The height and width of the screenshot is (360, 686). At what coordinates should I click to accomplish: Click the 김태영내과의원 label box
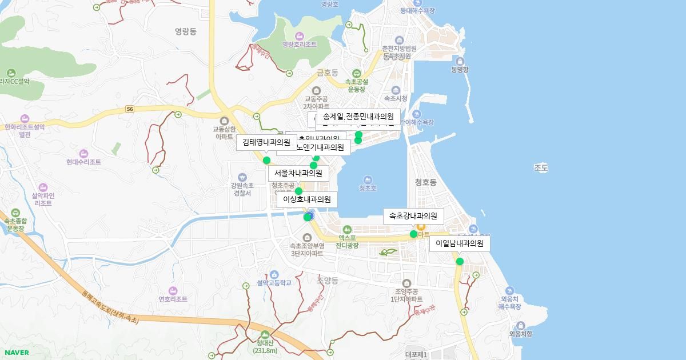[x=266, y=142]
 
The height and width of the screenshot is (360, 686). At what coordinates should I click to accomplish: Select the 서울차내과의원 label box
[x=298, y=173]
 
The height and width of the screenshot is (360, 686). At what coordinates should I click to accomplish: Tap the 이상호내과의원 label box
[x=307, y=199]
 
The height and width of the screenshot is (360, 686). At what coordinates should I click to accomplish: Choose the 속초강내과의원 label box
[x=413, y=216]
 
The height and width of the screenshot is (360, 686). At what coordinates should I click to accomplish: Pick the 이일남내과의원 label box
[x=460, y=243]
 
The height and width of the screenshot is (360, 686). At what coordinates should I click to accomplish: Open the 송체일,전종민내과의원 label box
[x=358, y=117]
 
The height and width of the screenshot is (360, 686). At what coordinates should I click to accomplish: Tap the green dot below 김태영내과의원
[x=266, y=161]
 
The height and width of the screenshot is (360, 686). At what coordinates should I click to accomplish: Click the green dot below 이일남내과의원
[x=460, y=262]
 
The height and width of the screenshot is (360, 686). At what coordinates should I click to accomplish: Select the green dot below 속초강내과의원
[x=413, y=234]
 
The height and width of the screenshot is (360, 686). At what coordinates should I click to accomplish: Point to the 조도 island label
[x=541, y=168]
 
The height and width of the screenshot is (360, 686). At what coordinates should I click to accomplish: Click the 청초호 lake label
[x=368, y=188]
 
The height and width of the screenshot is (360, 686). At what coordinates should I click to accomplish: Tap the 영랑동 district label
[x=186, y=32]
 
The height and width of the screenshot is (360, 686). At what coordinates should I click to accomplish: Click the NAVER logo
[x=17, y=353]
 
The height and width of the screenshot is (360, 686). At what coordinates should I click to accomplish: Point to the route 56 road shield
[x=130, y=109]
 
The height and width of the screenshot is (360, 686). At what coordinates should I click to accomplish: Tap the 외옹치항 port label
[x=520, y=334]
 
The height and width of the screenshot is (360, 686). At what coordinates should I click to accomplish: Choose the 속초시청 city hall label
[x=396, y=98]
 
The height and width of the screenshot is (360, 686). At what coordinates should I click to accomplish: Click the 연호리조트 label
[x=173, y=299]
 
